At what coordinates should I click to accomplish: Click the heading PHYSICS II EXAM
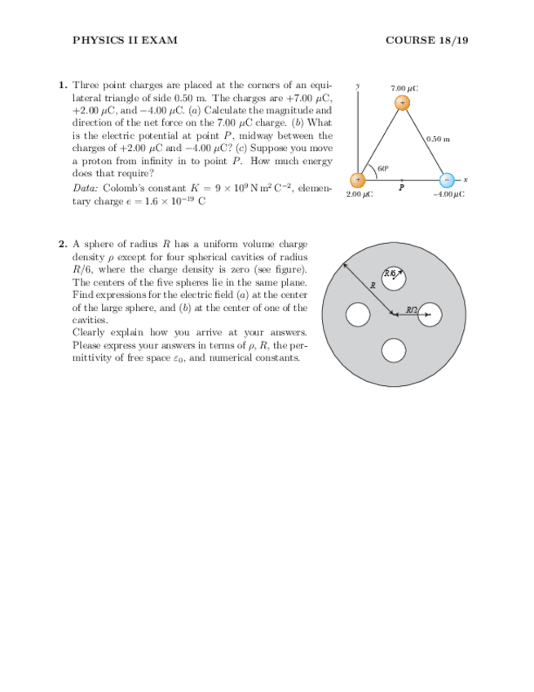[x=125, y=40]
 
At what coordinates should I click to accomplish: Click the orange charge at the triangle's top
[x=403, y=103]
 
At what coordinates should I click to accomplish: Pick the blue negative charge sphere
[x=447, y=180]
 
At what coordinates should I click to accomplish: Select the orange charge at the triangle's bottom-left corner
[x=358, y=180]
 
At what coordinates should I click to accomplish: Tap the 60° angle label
[x=382, y=168]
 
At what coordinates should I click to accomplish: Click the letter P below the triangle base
[x=401, y=189]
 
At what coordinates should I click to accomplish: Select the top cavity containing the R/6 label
[x=394, y=278]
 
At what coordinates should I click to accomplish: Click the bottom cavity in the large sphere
[x=394, y=350]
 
